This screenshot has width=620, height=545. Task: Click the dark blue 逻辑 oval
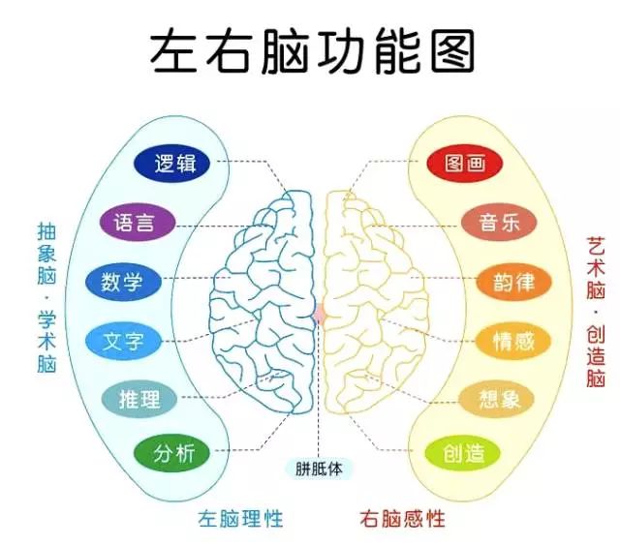coord(172,163)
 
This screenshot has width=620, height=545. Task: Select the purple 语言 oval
coord(137,222)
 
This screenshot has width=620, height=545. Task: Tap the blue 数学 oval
coord(123,282)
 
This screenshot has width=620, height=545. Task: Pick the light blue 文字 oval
coord(124,341)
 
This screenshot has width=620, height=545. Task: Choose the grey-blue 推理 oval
coord(139,399)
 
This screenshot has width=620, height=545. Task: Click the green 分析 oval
coord(172,453)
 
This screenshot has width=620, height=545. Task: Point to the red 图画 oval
coord(464,163)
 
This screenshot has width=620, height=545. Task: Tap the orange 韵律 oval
coord(513,282)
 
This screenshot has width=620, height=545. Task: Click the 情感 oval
coord(512,341)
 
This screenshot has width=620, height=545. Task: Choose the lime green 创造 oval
coord(463,453)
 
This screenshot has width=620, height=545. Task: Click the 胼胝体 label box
coord(319,469)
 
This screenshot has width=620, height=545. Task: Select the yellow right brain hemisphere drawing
coord(376,302)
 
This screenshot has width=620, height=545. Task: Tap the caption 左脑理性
coord(240,519)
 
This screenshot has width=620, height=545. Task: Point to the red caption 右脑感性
coord(402,519)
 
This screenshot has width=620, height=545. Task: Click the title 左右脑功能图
coord(312,50)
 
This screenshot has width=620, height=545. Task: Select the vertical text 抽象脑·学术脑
coord(46,297)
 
